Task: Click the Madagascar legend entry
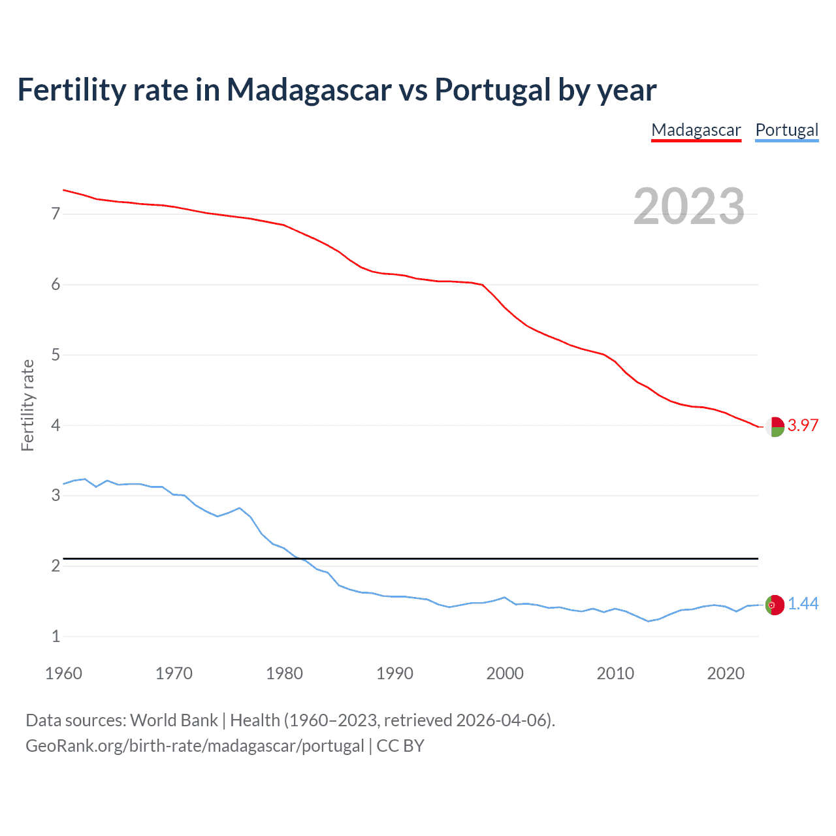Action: click(696, 130)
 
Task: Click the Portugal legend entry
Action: click(786, 130)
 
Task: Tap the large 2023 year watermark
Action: click(689, 206)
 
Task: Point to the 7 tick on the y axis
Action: click(56, 214)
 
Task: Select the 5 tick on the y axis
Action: click(56, 355)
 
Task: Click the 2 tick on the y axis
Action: click(56, 566)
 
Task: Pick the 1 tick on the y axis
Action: click(56, 636)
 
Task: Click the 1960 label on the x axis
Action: click(63, 673)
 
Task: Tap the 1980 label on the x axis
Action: click(284, 673)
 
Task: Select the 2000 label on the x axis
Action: click(505, 673)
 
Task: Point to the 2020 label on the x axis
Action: click(726, 673)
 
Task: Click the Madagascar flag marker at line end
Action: click(775, 426)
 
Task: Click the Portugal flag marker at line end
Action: click(775, 605)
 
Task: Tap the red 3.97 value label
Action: click(803, 425)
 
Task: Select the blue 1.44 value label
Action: click(803, 604)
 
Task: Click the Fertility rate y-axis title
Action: click(27, 405)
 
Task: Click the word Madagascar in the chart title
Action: click(309, 89)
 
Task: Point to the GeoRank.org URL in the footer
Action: click(195, 746)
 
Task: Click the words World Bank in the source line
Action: click(174, 720)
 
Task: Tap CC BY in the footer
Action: click(400, 746)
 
